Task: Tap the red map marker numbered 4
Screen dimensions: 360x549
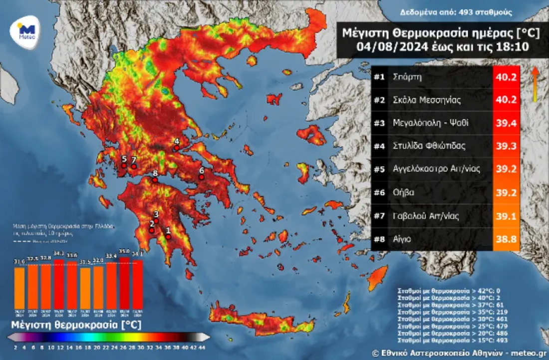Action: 176,148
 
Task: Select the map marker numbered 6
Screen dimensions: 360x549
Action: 202,177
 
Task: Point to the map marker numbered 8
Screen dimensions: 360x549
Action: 155,180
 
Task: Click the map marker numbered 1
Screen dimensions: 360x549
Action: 168,237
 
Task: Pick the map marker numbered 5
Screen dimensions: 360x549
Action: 124,165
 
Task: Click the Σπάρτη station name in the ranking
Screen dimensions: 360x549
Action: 408,77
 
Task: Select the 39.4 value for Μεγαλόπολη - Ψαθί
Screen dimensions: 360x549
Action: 506,123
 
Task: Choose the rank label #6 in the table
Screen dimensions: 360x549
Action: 379,193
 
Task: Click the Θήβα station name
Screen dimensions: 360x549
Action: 404,193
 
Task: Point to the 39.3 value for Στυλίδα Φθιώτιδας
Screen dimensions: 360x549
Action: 506,146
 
